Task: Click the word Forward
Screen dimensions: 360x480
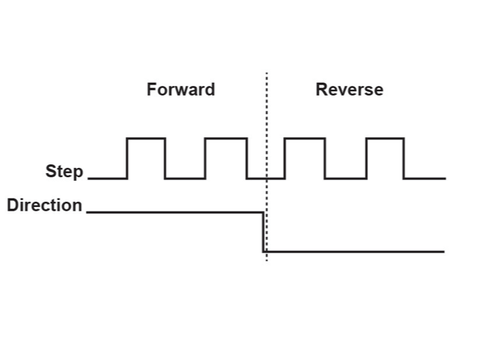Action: [181, 90]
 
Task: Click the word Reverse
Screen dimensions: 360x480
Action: [349, 90]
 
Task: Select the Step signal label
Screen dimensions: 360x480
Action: [64, 171]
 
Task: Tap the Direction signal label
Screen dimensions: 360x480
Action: [45, 205]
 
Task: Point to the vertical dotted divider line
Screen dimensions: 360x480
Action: [267, 120]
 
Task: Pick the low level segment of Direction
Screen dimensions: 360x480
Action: [355, 252]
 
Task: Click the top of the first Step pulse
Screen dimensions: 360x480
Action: [146, 138]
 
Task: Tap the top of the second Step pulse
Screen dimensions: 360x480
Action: [225, 138]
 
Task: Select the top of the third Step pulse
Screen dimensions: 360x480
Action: [305, 138]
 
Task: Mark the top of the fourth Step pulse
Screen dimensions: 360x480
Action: [385, 138]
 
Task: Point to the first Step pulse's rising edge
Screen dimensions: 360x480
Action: [127, 158]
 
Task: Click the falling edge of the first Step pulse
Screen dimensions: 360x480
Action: [165, 158]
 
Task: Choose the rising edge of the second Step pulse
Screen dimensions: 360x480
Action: [205, 158]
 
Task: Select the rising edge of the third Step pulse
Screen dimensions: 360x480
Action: [284, 158]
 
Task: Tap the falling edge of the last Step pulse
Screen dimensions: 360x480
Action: [404, 158]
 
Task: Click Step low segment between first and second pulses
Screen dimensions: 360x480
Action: [185, 179]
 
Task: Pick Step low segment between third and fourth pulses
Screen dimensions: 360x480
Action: [346, 179]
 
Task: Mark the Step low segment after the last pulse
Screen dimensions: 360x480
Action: [425, 179]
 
